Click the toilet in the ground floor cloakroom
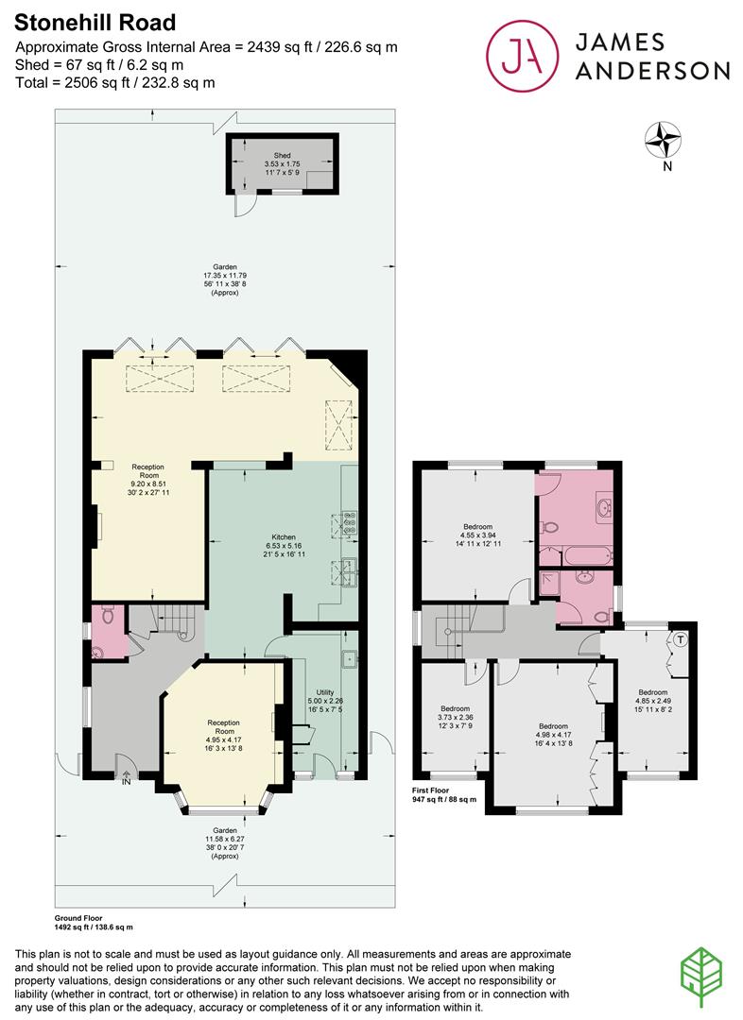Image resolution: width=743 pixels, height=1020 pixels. tap(107, 616)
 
